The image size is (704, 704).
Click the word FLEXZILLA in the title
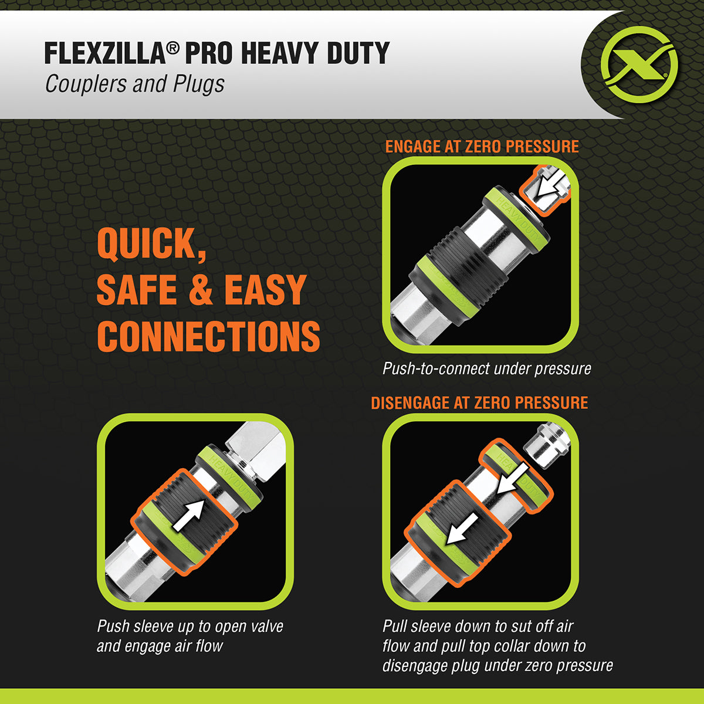click(x=104, y=53)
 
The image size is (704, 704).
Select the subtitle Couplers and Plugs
click(x=134, y=84)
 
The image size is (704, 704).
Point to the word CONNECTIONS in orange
click(x=208, y=336)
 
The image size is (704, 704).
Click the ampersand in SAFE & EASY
click(x=201, y=290)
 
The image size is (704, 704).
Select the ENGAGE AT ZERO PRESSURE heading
click(x=482, y=147)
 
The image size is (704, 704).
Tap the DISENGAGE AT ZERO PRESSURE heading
click(x=479, y=403)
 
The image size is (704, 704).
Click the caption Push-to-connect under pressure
click(x=486, y=368)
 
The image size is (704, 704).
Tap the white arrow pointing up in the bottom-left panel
click(x=189, y=515)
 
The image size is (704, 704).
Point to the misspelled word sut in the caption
click(x=503, y=626)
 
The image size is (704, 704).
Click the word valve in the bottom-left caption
click(x=266, y=626)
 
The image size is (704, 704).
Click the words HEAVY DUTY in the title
click(x=315, y=53)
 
